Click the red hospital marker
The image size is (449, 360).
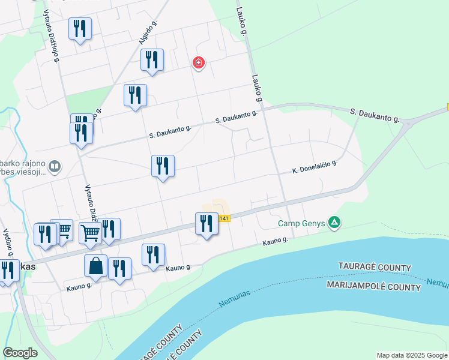pyautogui.click(x=198, y=63)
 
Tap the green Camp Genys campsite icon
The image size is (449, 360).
pyautogui.click(x=334, y=223)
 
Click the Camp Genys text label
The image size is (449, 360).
pyautogui.click(x=301, y=224)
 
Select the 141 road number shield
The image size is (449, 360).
pyautogui.click(x=224, y=218)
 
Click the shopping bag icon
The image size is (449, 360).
pyautogui.click(x=96, y=266)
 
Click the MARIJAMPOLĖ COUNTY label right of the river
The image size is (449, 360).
pyautogui.click(x=373, y=287)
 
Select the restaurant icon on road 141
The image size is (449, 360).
pyautogui.click(x=206, y=224)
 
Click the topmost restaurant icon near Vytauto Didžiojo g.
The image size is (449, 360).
pyautogui.click(x=80, y=29)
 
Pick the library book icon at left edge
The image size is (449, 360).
pyautogui.click(x=54, y=166)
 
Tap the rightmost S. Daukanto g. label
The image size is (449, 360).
pyautogui.click(x=375, y=115)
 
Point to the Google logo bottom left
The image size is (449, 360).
pyautogui.click(x=20, y=353)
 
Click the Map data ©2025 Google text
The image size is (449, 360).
pyautogui.click(x=412, y=355)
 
